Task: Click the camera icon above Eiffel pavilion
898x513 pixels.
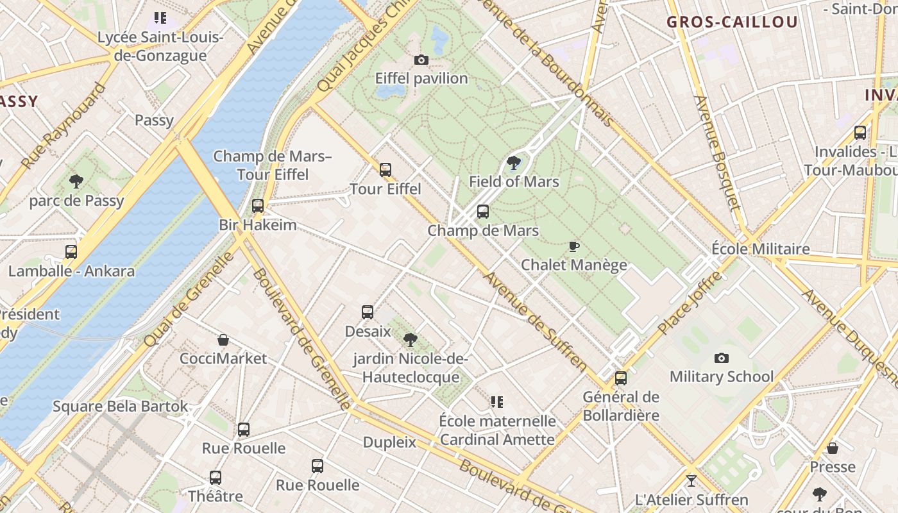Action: tap(421, 60)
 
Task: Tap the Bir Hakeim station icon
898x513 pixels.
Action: tap(258, 206)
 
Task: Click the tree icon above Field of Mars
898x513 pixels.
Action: tap(513, 163)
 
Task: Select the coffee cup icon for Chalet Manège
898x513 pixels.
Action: tap(574, 246)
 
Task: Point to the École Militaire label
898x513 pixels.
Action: tap(761, 249)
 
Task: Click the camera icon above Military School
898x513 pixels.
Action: tap(722, 358)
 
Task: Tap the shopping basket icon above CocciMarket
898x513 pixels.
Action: tap(223, 340)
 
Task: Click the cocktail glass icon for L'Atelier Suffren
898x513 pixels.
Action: tap(691, 480)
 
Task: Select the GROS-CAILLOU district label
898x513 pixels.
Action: tap(732, 22)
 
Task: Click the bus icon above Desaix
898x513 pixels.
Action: tap(368, 312)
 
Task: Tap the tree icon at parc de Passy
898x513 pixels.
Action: tap(76, 181)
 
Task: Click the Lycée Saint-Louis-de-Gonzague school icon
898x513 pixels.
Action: tap(160, 18)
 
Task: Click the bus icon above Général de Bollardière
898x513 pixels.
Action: tap(620, 378)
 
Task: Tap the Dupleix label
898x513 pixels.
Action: tap(389, 442)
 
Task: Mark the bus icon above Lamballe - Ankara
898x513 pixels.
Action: tap(71, 252)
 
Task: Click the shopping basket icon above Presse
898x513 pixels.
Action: tap(832, 448)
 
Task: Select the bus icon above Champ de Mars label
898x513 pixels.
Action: tap(483, 212)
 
